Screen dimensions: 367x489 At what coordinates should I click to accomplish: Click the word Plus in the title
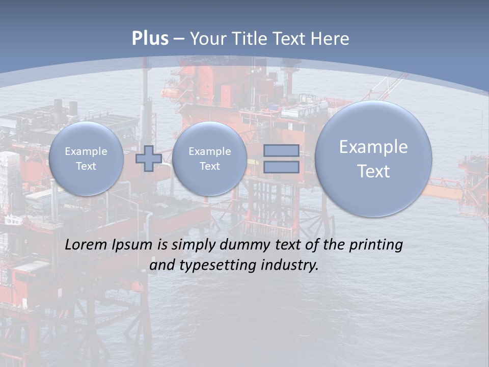click(150, 39)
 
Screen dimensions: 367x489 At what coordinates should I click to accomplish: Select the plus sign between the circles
click(149, 158)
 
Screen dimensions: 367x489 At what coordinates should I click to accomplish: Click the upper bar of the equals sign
click(281, 150)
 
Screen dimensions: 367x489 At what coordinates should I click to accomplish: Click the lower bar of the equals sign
click(281, 167)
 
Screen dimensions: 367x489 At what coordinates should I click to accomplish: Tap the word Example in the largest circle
click(373, 147)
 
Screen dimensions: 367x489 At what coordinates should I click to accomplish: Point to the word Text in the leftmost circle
click(86, 166)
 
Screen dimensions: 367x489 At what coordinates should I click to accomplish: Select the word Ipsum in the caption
click(132, 245)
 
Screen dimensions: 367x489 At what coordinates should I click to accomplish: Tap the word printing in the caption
click(376, 245)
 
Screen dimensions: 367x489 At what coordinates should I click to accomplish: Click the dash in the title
click(179, 39)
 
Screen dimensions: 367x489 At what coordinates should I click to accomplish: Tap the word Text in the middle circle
click(210, 166)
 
